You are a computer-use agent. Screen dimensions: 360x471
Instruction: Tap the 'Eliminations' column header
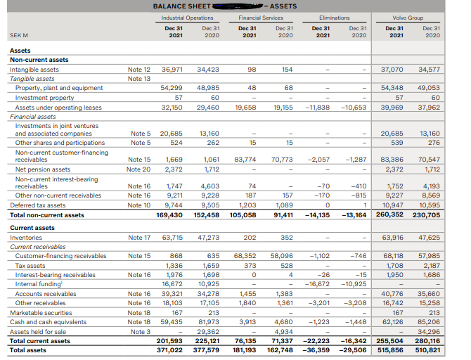pyautogui.click(x=340, y=17)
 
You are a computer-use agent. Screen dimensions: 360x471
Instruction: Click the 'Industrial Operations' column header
pyautogui.click(x=187, y=17)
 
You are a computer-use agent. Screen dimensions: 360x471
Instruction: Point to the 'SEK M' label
pyautogui.click(x=19, y=34)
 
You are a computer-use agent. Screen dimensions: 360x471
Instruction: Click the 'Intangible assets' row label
pyautogui.click(x=34, y=70)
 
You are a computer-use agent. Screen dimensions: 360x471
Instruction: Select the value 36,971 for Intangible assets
pyautogui.click(x=172, y=70)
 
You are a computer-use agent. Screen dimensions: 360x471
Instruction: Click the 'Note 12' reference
pyautogui.click(x=138, y=70)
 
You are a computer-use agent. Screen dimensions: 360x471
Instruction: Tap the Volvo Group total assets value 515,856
pyautogui.click(x=391, y=349)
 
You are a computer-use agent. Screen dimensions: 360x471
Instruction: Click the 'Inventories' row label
pyautogui.click(x=26, y=238)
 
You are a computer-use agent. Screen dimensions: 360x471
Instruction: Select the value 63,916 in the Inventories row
pyautogui.click(x=392, y=238)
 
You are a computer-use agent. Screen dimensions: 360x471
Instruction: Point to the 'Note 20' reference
pyautogui.click(x=138, y=169)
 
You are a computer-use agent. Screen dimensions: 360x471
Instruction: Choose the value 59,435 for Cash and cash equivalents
pyautogui.click(x=172, y=322)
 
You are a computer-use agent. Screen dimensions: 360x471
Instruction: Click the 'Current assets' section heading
pyautogui.click(x=32, y=229)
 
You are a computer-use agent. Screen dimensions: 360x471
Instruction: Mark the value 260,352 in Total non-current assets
pyautogui.click(x=391, y=215)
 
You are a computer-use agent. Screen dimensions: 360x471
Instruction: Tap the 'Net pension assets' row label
pyautogui.click(x=39, y=169)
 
